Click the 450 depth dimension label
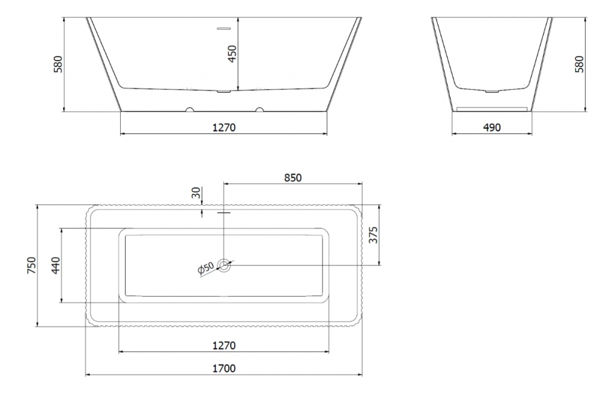(x=232, y=54)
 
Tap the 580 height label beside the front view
(x=58, y=64)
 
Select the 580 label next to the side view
(x=579, y=64)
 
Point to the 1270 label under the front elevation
(x=224, y=127)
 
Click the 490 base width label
(x=492, y=127)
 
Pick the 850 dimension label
(x=292, y=178)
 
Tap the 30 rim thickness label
(x=196, y=192)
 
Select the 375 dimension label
(x=373, y=235)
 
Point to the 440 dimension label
(x=56, y=265)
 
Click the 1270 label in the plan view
(x=224, y=346)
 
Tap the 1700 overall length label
(x=224, y=369)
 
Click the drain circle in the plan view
(x=224, y=265)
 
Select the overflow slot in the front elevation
(x=224, y=29)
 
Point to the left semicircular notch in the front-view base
(x=190, y=109)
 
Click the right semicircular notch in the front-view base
(x=259, y=109)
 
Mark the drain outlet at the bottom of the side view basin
(x=492, y=92)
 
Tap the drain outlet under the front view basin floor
(x=224, y=92)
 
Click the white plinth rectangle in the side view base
(x=492, y=108)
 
